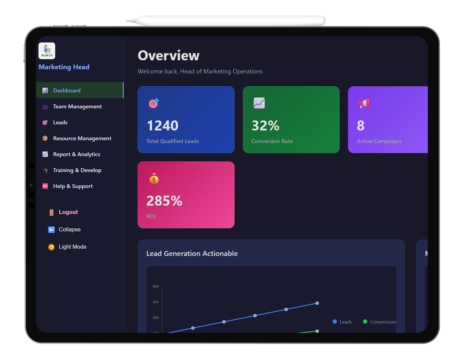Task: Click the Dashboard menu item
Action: [x=67, y=91]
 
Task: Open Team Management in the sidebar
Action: [x=77, y=107]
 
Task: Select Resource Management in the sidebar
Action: [x=82, y=139]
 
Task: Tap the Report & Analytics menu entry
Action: [x=77, y=155]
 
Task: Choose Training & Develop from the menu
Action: [x=77, y=170]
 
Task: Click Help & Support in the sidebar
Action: [x=73, y=186]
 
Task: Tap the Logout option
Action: [x=68, y=212]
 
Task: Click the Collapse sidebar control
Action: [x=69, y=230]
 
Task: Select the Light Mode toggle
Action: [x=72, y=247]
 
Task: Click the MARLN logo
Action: [x=47, y=51]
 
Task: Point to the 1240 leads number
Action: [x=163, y=126]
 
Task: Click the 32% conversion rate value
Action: [x=265, y=126]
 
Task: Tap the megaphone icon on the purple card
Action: [x=364, y=103]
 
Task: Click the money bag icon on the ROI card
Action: [x=154, y=179]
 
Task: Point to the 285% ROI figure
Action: [x=164, y=201]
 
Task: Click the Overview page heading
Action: [x=169, y=56]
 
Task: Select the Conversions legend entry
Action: [x=380, y=322]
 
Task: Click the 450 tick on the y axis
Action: [x=156, y=302]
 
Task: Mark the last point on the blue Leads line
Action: [x=317, y=303]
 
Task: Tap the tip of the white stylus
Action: [x=127, y=21]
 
